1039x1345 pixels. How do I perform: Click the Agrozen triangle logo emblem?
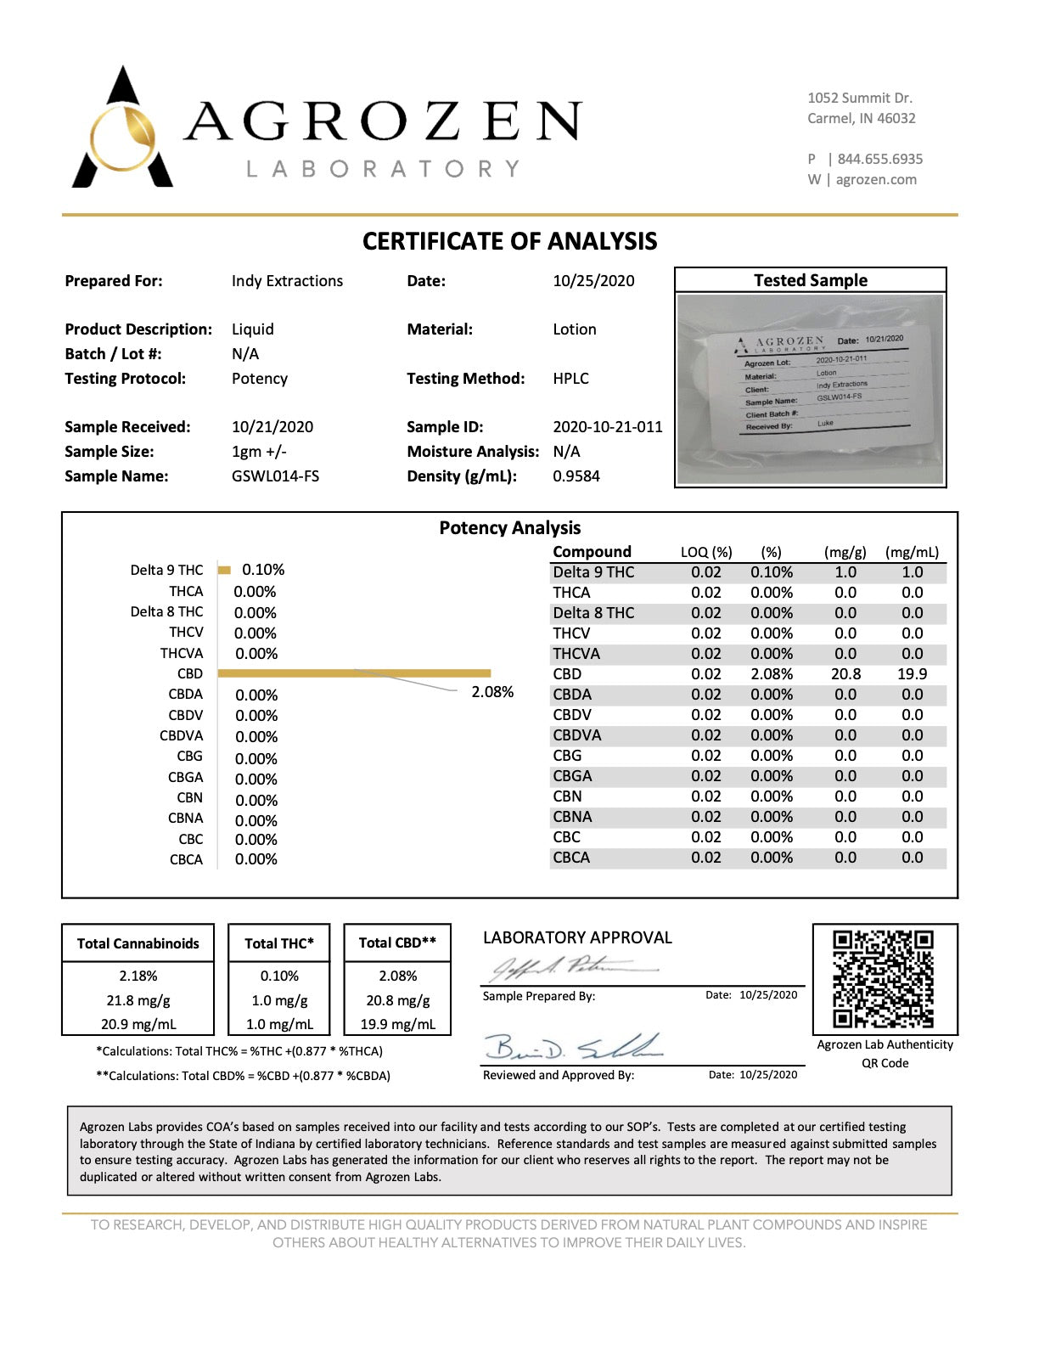point(122,132)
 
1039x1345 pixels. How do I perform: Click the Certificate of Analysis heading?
point(509,242)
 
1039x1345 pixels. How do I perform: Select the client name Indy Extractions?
point(287,281)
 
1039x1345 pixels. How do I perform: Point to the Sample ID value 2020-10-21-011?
point(607,427)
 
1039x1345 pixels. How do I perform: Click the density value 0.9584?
point(576,476)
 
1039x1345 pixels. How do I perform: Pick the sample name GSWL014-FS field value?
point(275,476)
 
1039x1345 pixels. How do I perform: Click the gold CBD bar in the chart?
point(354,673)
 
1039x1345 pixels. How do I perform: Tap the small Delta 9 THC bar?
point(224,570)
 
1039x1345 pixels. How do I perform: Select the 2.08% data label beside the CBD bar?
point(492,692)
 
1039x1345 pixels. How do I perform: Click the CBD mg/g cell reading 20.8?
point(845,674)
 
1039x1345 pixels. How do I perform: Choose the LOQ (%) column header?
point(705,553)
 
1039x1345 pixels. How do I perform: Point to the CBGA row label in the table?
point(572,776)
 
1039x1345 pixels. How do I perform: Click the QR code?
point(884,979)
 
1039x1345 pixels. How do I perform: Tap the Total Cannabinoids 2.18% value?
point(138,976)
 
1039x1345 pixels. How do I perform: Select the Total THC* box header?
point(279,943)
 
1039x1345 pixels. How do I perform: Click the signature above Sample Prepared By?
point(573,967)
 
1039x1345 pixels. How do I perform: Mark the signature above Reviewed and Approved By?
point(573,1048)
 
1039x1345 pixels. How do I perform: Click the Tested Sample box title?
point(811,281)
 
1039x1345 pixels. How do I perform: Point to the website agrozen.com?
point(876,180)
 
